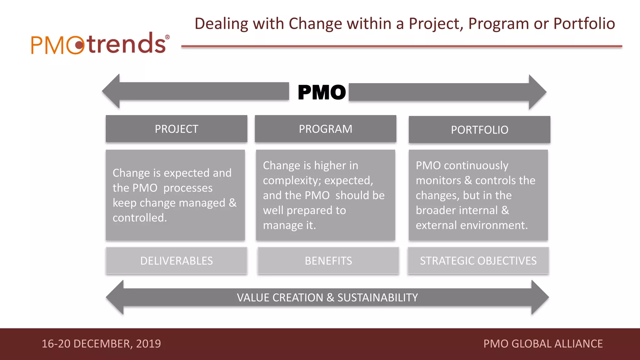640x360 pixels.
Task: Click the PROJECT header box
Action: (177, 129)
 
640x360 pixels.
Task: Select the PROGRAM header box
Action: (325, 129)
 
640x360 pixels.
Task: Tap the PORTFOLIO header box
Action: (479, 130)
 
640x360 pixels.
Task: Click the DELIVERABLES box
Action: (177, 261)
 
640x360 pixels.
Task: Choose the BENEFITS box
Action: (328, 261)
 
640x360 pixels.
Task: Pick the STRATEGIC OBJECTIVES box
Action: (478, 261)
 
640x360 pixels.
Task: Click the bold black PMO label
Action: (322, 92)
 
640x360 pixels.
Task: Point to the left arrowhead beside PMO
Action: (111, 91)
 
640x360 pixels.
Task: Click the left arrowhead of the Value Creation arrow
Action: (115, 297)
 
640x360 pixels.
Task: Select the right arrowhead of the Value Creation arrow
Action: (540, 297)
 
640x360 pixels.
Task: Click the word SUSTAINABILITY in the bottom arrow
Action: (377, 297)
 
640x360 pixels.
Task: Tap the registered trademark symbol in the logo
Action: (167, 37)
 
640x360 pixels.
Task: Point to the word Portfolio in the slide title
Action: (584, 24)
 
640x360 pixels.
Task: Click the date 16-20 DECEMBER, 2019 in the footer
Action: (101, 344)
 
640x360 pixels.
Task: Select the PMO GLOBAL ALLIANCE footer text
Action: (543, 344)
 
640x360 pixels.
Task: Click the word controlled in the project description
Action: (139, 218)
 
